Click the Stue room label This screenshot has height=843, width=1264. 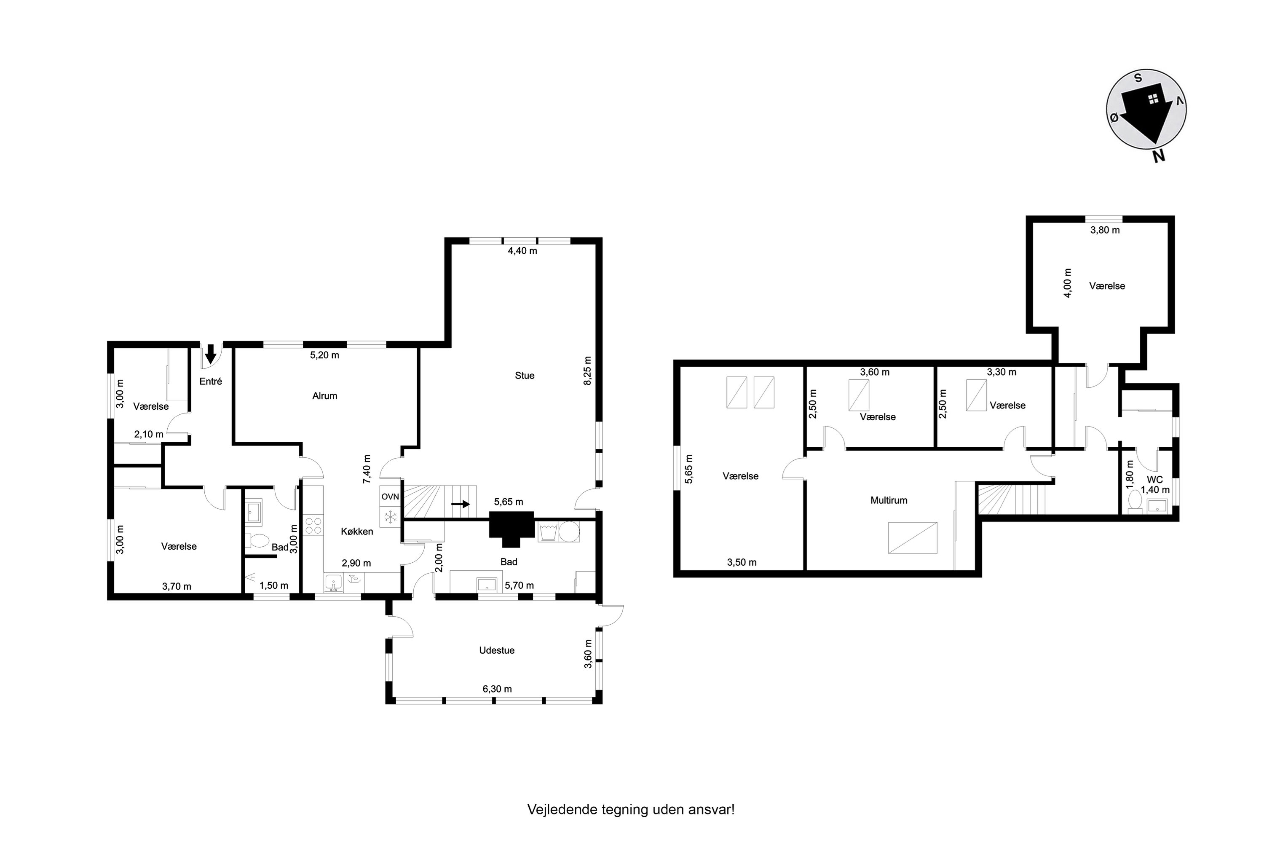(x=525, y=375)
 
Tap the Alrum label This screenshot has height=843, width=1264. (x=324, y=396)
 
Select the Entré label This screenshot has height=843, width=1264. (x=211, y=381)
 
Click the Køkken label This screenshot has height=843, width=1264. (x=357, y=531)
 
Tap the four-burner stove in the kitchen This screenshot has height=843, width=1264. (x=314, y=525)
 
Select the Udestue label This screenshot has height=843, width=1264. (x=497, y=650)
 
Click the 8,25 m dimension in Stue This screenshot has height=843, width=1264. (x=587, y=371)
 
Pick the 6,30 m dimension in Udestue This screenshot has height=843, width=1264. (x=497, y=689)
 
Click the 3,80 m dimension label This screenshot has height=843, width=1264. (x=1105, y=230)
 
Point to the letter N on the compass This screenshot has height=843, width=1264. (x=1159, y=156)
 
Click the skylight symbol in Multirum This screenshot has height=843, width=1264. (x=913, y=538)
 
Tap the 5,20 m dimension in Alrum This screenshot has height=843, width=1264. (x=324, y=355)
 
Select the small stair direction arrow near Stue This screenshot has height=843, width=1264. (x=461, y=504)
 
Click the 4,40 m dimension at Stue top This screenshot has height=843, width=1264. (x=522, y=250)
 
